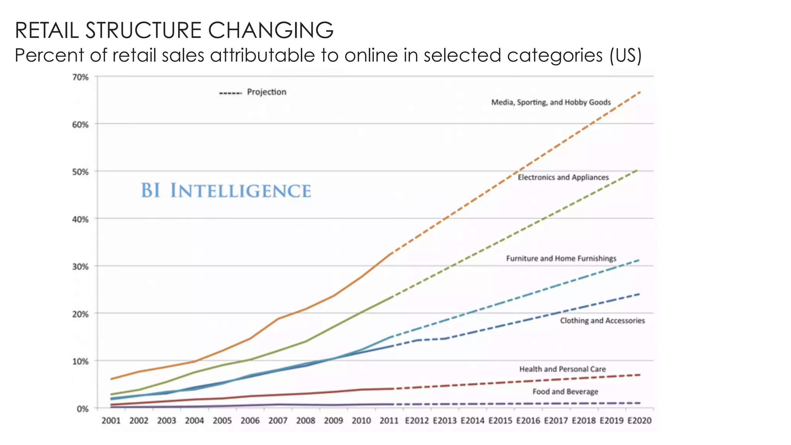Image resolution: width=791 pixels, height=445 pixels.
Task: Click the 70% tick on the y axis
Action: tap(80, 77)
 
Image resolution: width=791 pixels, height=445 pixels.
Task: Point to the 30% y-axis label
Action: tap(80, 267)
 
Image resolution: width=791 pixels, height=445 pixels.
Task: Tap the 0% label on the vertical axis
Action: tap(83, 409)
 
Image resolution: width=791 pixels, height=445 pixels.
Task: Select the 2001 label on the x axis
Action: tap(111, 421)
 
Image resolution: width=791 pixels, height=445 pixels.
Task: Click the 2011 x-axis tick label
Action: tap(389, 421)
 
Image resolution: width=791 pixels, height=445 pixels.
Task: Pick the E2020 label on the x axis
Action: tap(639, 421)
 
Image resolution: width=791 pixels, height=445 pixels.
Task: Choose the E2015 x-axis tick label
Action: tap(500, 421)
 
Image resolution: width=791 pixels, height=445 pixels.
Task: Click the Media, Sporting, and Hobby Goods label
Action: tap(551, 102)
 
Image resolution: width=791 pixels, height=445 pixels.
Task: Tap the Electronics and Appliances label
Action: tap(563, 177)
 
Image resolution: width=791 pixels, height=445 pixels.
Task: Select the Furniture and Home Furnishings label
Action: tap(561, 258)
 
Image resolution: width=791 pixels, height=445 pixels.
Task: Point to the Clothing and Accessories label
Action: tap(603, 321)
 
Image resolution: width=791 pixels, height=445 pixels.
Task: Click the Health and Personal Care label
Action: tap(562, 369)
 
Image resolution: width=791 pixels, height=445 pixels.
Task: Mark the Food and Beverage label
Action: tap(565, 392)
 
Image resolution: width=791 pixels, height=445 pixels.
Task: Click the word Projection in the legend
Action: tap(266, 92)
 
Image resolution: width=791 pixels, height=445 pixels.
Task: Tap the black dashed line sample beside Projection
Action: tap(230, 93)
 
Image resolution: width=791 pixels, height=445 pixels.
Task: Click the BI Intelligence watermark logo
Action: tap(226, 191)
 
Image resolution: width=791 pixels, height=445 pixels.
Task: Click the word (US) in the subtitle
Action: tap(625, 55)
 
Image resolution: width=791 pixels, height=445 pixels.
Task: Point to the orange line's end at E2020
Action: tap(640, 92)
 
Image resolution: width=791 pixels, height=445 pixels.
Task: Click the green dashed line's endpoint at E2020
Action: tap(637, 170)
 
